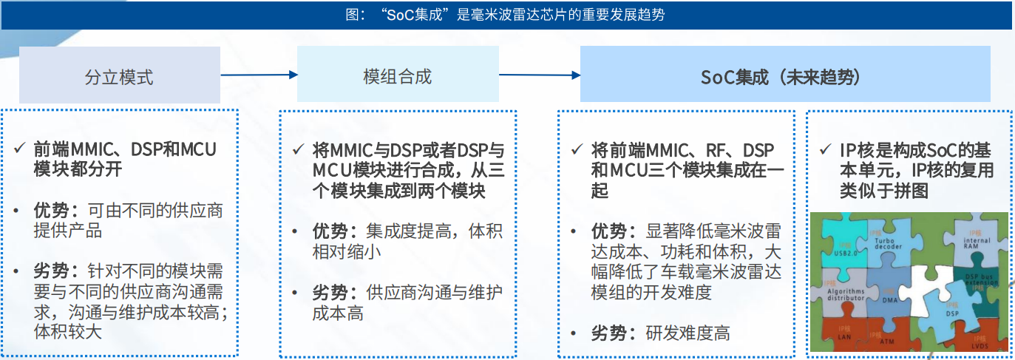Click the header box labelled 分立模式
pos(119,75)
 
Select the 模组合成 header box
pos(397,75)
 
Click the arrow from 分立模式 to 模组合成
pos(259,75)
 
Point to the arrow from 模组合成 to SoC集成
pos(539,75)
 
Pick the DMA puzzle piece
pos(889,297)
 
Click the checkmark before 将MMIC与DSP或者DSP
pos(298,150)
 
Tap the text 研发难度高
pos(688,333)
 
